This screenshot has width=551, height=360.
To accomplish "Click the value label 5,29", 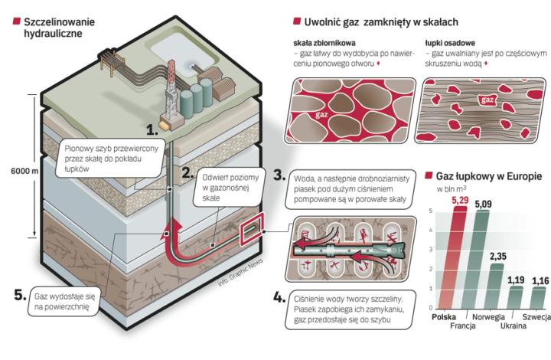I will click(x=459, y=201).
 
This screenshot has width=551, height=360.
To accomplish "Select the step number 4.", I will click(x=279, y=296).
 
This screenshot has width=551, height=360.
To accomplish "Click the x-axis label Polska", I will click(x=445, y=316).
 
